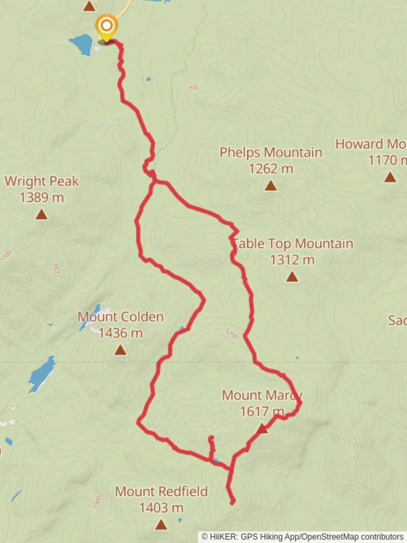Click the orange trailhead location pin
click(x=107, y=26)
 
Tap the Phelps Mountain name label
click(x=270, y=152)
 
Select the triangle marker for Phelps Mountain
click(x=271, y=186)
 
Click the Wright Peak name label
click(x=42, y=181)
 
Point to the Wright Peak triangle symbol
click(x=41, y=215)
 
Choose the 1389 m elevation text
click(x=42, y=198)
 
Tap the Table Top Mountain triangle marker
click(x=292, y=277)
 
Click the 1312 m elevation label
click(x=292, y=260)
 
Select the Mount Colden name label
click(x=120, y=317)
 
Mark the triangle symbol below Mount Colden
click(x=120, y=349)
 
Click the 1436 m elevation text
click(x=120, y=333)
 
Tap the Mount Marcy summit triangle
click(x=262, y=428)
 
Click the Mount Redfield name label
click(x=161, y=491)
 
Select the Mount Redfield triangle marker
click(x=161, y=525)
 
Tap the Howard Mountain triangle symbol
click(x=390, y=177)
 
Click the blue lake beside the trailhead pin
click(x=81, y=44)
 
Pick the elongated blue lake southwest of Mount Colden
click(x=42, y=374)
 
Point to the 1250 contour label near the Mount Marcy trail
click(x=231, y=333)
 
